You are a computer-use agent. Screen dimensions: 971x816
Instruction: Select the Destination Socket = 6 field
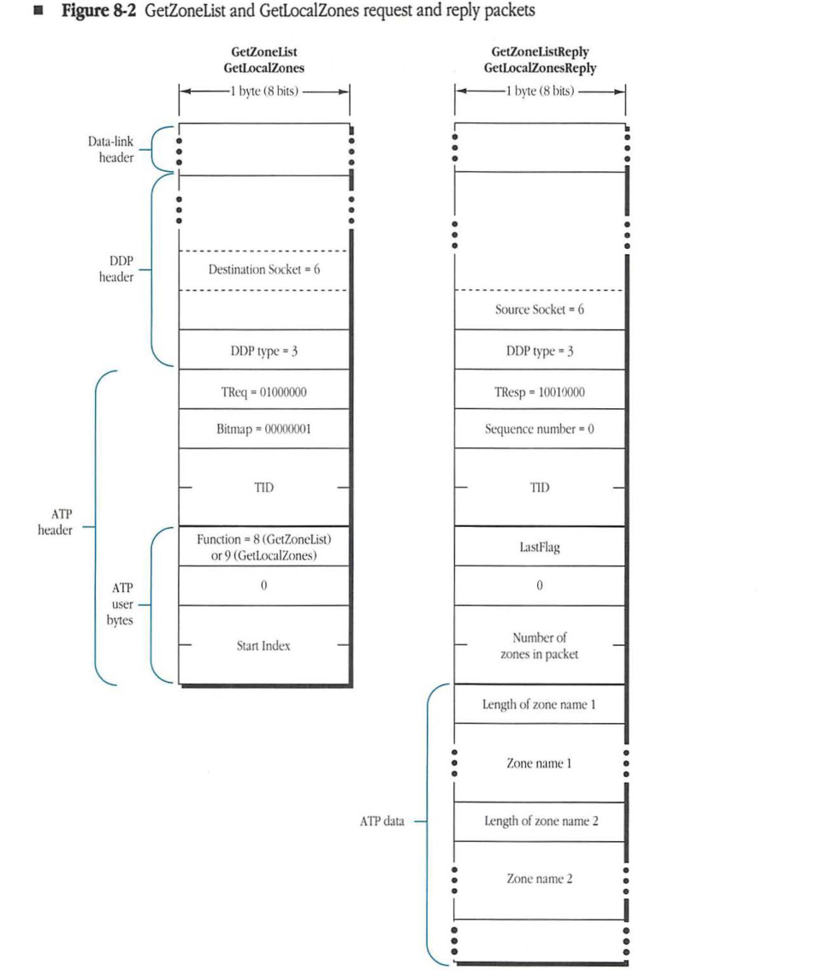click(x=263, y=269)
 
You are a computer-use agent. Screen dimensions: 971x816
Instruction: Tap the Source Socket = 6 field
click(x=540, y=309)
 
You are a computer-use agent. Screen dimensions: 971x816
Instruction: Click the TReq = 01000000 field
click(x=263, y=390)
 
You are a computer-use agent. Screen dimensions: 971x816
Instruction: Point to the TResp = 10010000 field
click(x=540, y=390)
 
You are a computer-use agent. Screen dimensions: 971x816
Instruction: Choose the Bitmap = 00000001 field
click(x=263, y=429)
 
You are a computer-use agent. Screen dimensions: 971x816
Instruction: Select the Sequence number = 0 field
click(x=540, y=429)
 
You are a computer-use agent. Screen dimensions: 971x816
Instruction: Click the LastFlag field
click(x=540, y=547)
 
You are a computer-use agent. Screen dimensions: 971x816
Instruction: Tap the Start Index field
click(x=263, y=646)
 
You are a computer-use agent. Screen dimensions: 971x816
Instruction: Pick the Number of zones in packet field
click(x=540, y=646)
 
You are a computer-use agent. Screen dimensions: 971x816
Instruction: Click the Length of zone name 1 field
click(x=540, y=704)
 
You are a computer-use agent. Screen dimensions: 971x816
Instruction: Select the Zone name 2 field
click(x=540, y=879)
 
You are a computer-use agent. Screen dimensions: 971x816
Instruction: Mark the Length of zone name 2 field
click(x=540, y=821)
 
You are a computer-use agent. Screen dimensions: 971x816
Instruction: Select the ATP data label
click(x=381, y=821)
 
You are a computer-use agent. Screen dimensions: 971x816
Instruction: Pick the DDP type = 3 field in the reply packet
click(x=540, y=351)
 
